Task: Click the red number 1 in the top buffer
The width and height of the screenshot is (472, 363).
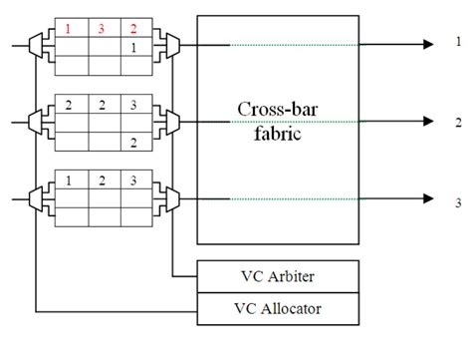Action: [69, 29]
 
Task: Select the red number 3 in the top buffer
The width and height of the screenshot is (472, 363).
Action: [101, 29]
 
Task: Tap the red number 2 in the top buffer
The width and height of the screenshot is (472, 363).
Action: [133, 29]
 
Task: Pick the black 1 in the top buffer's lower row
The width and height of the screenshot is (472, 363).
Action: [133, 48]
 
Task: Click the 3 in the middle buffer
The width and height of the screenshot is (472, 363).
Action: [133, 105]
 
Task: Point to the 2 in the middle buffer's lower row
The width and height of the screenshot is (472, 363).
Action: [133, 143]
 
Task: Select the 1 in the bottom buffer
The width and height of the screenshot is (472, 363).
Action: [69, 181]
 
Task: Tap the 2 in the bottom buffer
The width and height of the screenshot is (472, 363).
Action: [101, 181]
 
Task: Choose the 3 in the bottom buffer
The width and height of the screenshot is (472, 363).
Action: [133, 181]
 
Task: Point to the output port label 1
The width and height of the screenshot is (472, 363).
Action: [458, 43]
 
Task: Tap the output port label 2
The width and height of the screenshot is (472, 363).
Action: [458, 121]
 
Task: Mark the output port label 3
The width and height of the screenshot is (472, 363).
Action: [458, 202]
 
